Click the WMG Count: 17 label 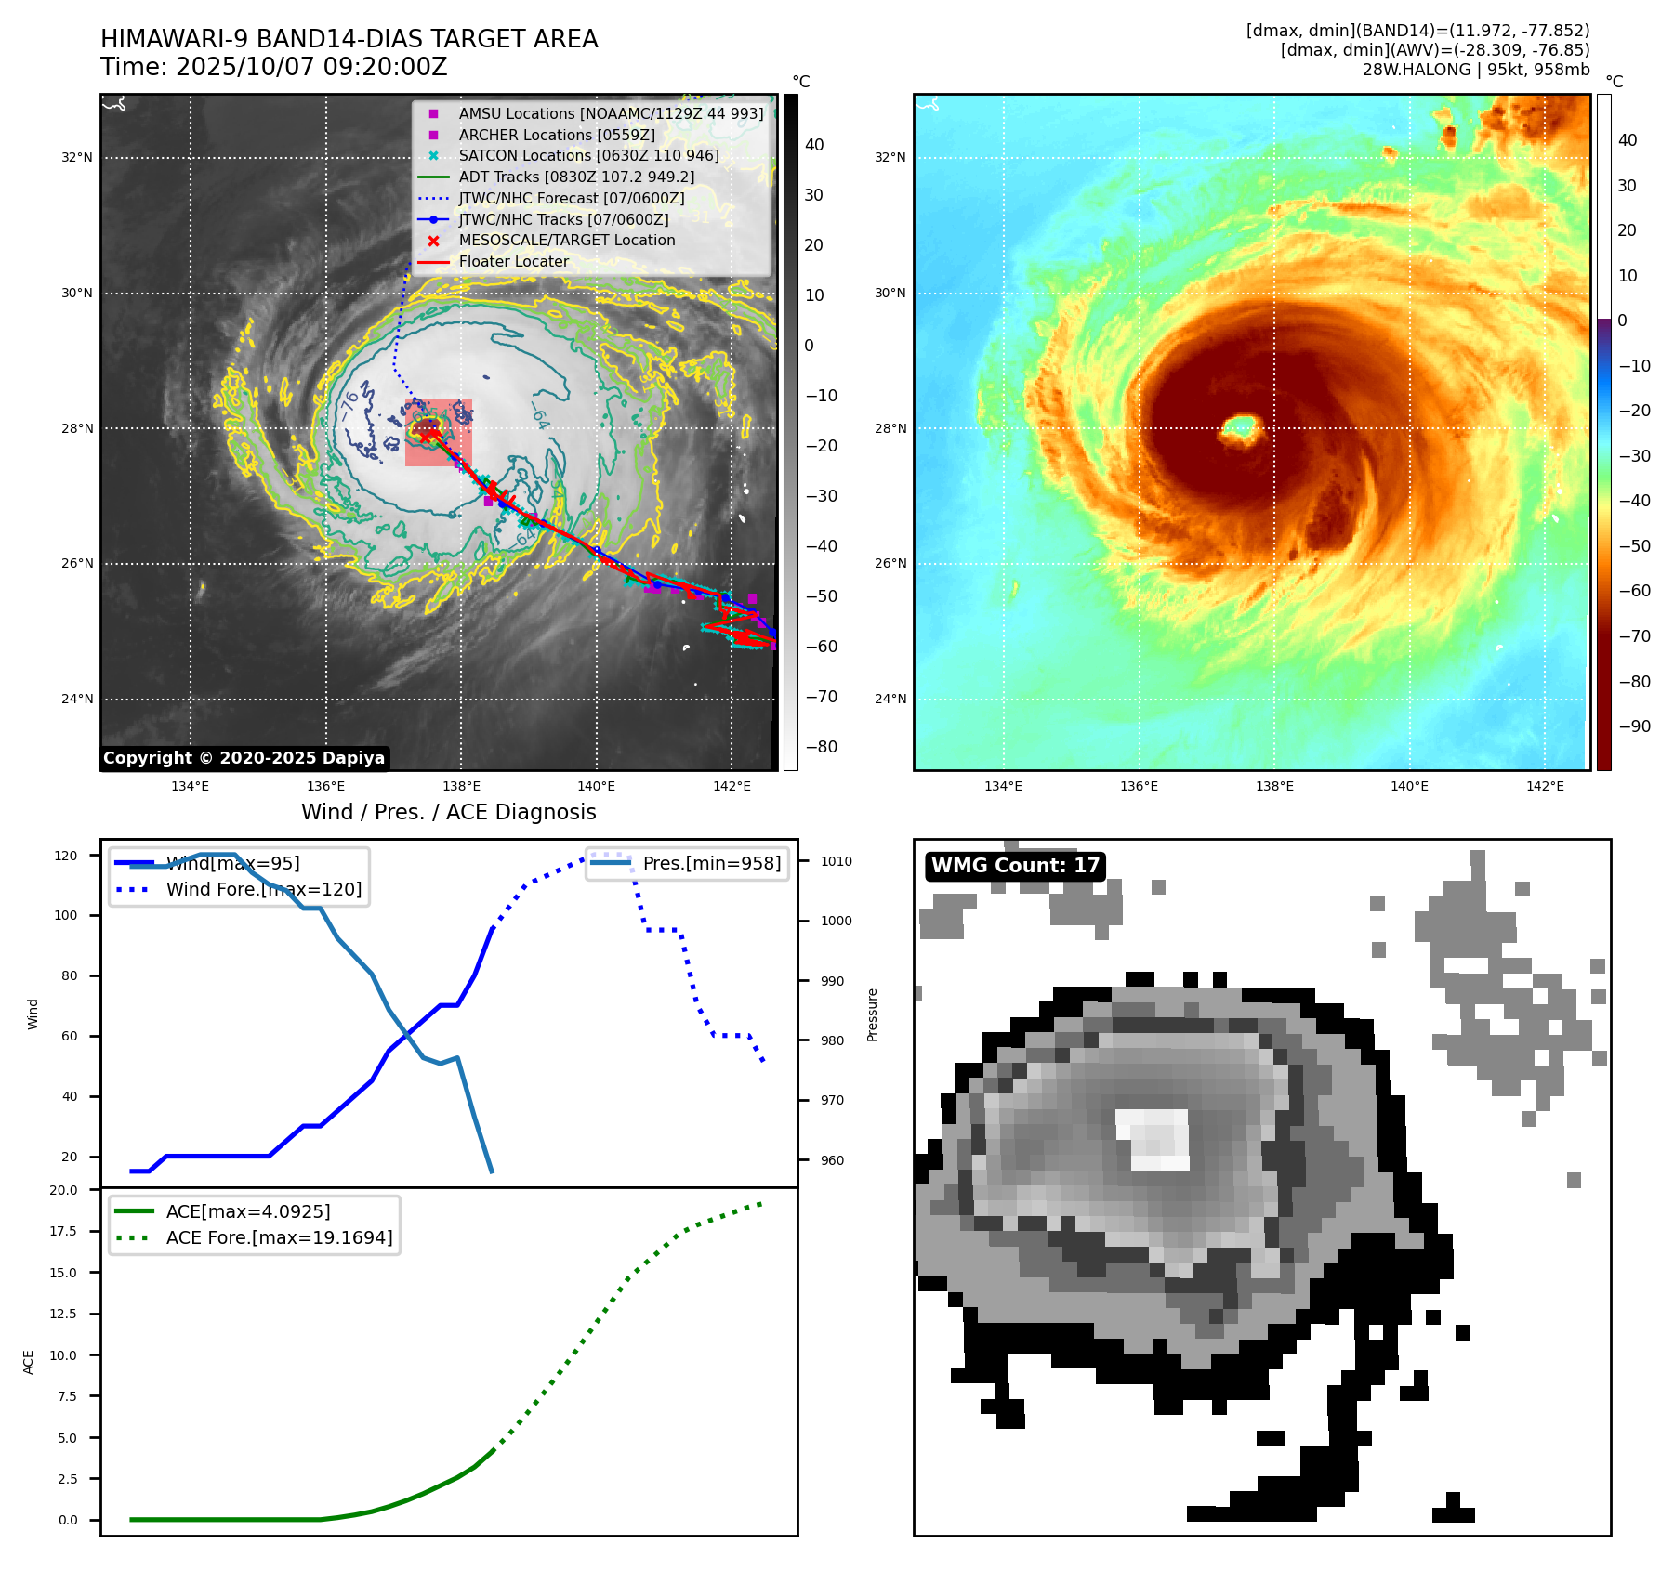click(1015, 866)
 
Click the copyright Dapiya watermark click(244, 758)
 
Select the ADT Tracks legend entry click(575, 177)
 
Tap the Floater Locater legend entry click(513, 261)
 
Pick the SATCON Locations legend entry click(588, 155)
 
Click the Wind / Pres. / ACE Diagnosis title click(448, 812)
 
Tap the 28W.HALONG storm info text click(1476, 70)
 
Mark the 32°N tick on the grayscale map click(77, 158)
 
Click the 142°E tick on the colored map click(1545, 786)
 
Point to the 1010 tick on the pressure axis click(836, 861)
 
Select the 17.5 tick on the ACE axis click(64, 1231)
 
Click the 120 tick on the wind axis click(66, 856)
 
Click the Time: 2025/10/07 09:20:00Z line click(274, 67)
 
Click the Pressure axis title click(872, 1014)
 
